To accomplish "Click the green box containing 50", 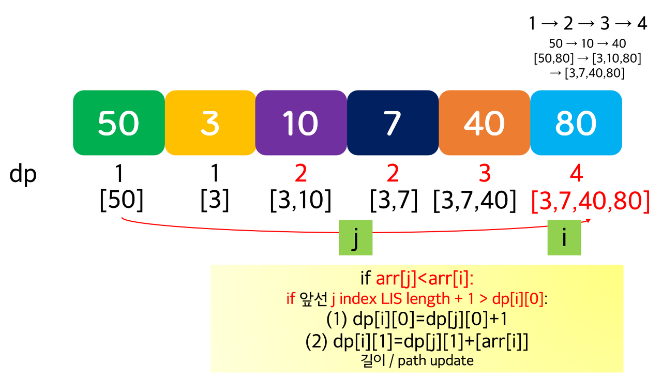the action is (x=118, y=123).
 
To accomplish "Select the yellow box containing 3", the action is (x=210, y=123).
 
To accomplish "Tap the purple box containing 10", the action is (x=301, y=123).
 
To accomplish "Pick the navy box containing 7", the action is (x=393, y=123).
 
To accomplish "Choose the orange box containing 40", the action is (x=484, y=123).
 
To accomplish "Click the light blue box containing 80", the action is (x=576, y=123).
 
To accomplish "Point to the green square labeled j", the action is (x=355, y=238).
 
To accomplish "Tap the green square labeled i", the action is (x=564, y=238).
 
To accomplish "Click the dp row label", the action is (x=23, y=175).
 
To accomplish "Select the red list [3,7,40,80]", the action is (x=590, y=201).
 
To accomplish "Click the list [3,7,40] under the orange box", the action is (x=474, y=201).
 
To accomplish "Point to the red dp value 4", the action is (x=576, y=175).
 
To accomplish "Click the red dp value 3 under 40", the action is (x=484, y=175).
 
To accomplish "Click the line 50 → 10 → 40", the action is (x=587, y=43).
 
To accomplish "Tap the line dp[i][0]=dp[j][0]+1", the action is (x=416, y=320).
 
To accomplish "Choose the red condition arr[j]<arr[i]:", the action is (x=425, y=279).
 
